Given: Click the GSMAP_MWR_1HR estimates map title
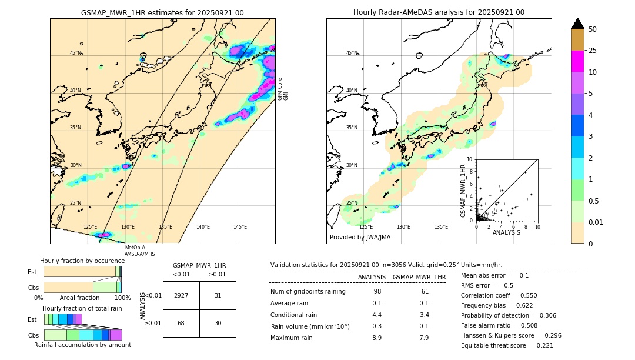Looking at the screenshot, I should tap(162, 12).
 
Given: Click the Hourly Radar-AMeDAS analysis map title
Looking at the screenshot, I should tap(439, 12).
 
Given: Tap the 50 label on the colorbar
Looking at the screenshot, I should tap(593, 29).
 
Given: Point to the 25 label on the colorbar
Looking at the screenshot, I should tap(593, 51).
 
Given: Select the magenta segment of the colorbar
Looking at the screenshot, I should tap(578, 61).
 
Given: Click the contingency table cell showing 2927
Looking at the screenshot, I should tap(181, 295).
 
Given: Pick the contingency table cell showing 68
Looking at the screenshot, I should tap(181, 323).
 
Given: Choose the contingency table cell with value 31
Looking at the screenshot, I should tap(218, 295).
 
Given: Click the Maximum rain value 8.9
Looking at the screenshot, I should tap(377, 338).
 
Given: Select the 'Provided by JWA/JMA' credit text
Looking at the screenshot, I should tap(360, 238).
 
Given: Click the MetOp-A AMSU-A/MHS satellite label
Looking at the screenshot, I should tap(139, 251).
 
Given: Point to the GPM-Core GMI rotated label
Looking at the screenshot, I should tap(283, 88).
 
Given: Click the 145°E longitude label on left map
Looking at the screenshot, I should tap(240, 227).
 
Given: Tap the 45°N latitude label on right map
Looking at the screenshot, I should tap(352, 53).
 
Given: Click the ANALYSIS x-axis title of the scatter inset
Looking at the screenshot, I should tap(506, 232).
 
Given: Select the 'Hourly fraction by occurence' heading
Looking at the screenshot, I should tap(82, 261).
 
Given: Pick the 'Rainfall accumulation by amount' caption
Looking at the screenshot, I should tap(82, 345).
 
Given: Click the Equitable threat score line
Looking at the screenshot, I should tap(507, 345).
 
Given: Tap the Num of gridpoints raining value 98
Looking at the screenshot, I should tap(377, 291).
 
